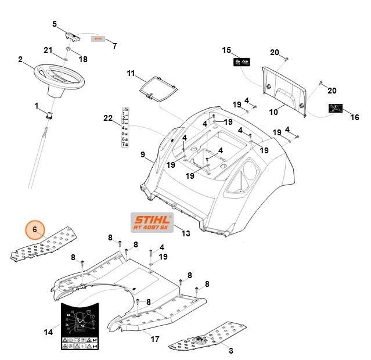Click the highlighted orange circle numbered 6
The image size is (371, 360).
pos(35,230)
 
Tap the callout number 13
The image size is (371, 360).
pos(186,233)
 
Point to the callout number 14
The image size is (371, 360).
pos(48,332)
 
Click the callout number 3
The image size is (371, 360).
pos(230,351)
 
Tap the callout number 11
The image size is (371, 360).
pos(131,73)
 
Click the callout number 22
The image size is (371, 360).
pos(108,118)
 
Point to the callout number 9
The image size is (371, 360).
pos(142,155)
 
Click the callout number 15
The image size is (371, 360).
pos(226,51)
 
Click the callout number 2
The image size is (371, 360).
pos(20,59)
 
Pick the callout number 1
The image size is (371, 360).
pos(36,106)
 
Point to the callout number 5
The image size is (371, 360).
pos(55,24)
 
